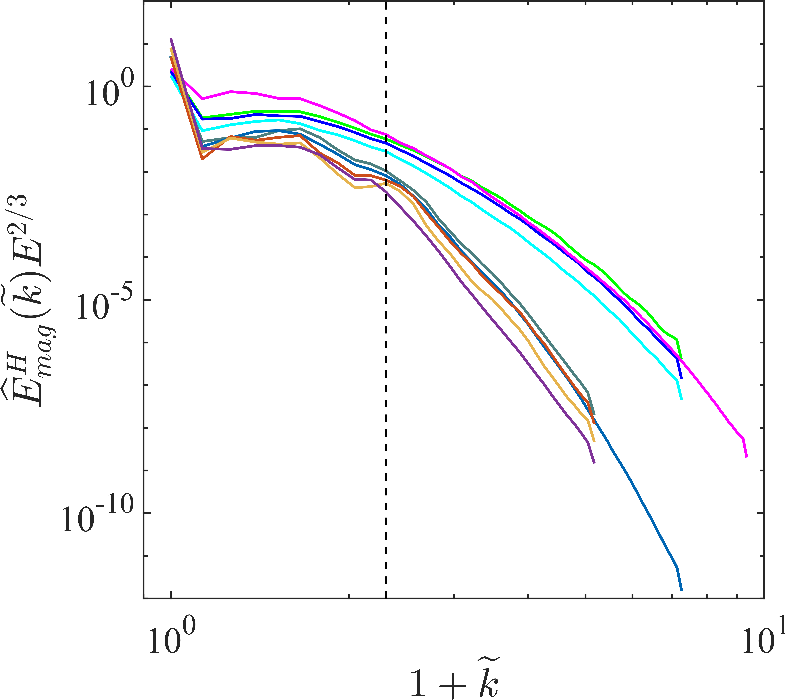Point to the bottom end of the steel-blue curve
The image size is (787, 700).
681,590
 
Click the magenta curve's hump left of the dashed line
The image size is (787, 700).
230,92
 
